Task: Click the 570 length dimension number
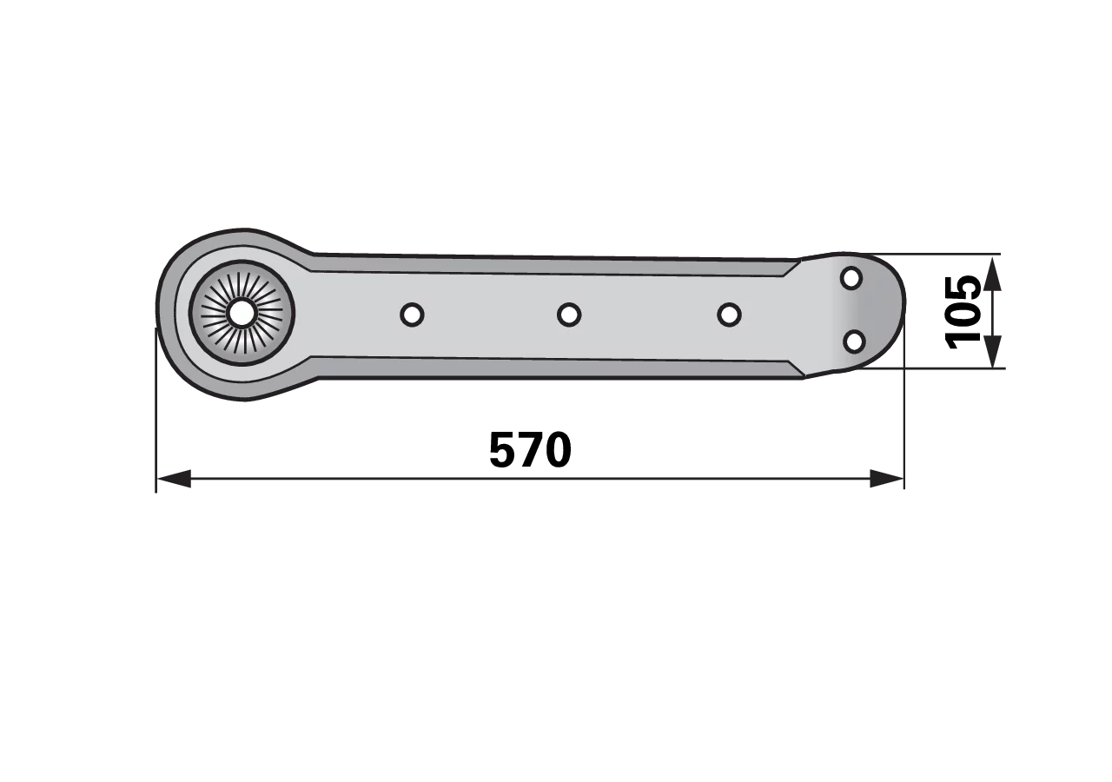(530, 450)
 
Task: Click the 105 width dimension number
(963, 313)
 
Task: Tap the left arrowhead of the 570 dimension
(174, 479)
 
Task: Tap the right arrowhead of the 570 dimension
(887, 479)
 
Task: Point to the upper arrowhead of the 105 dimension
(992, 274)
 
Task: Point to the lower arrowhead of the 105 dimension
(992, 352)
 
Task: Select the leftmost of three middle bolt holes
(412, 315)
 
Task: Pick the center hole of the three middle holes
(569, 315)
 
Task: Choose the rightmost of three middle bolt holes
(729, 315)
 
